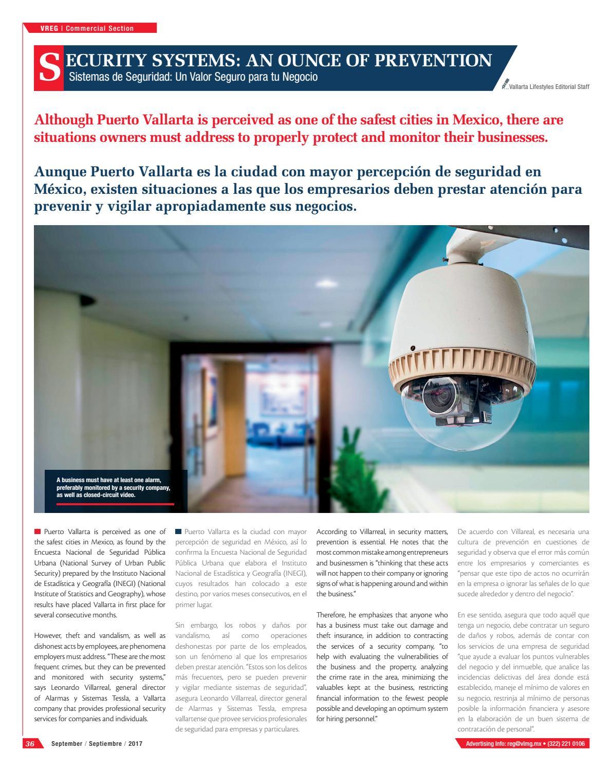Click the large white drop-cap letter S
49,68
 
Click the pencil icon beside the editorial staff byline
506,84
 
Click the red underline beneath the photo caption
115,504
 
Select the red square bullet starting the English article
38,531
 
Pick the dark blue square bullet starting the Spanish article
178,531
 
